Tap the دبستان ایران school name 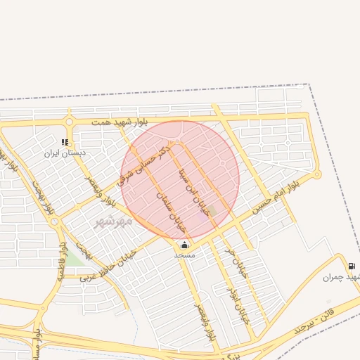pyautogui.click(x=65, y=153)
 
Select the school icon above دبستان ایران pyautogui.click(x=65, y=142)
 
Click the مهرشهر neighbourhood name pyautogui.click(x=113, y=221)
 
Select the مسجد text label pyautogui.click(x=184, y=255)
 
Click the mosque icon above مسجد pyautogui.click(x=184, y=245)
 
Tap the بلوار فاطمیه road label pyautogui.click(x=62, y=262)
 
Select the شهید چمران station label pyautogui.click(x=342, y=277)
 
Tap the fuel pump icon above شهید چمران pyautogui.click(x=351, y=266)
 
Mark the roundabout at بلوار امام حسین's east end pyautogui.click(x=316, y=174)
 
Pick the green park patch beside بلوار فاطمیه pyautogui.click(x=73, y=259)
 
